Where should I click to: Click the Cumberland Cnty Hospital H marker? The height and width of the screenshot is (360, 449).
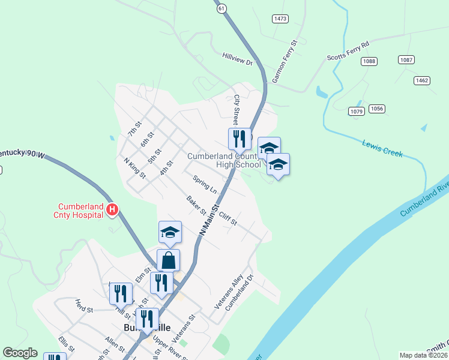pyautogui.click(x=112, y=209)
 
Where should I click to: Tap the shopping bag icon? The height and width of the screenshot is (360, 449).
pyautogui.click(x=168, y=260)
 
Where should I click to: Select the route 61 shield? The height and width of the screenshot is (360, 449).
pyautogui.click(x=222, y=8)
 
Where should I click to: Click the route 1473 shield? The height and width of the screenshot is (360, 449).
pyautogui.click(x=280, y=19)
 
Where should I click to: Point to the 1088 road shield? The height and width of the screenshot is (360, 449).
pyautogui.click(x=369, y=61)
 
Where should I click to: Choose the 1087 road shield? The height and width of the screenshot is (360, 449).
pyautogui.click(x=406, y=59)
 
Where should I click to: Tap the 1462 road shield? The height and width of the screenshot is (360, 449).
pyautogui.click(x=422, y=80)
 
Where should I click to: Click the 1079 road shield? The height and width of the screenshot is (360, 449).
pyautogui.click(x=357, y=111)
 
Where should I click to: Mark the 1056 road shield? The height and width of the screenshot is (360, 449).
pyautogui.click(x=377, y=109)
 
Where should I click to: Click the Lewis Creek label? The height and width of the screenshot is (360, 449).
pyautogui.click(x=382, y=148)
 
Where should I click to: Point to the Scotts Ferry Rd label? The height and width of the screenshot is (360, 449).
pyautogui.click(x=348, y=51)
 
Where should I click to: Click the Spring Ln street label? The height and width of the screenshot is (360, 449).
pyautogui.click(x=205, y=184)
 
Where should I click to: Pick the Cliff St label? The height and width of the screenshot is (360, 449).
pyautogui.click(x=228, y=218)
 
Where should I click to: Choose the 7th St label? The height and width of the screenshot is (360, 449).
pyautogui.click(x=134, y=128)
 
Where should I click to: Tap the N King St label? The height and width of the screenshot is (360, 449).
pyautogui.click(x=134, y=168)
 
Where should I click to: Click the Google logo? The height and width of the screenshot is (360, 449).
pyautogui.click(x=20, y=353)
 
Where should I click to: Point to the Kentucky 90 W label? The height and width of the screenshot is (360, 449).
pyautogui.click(x=22, y=154)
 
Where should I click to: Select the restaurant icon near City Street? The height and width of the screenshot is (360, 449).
pyautogui.click(x=239, y=139)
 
